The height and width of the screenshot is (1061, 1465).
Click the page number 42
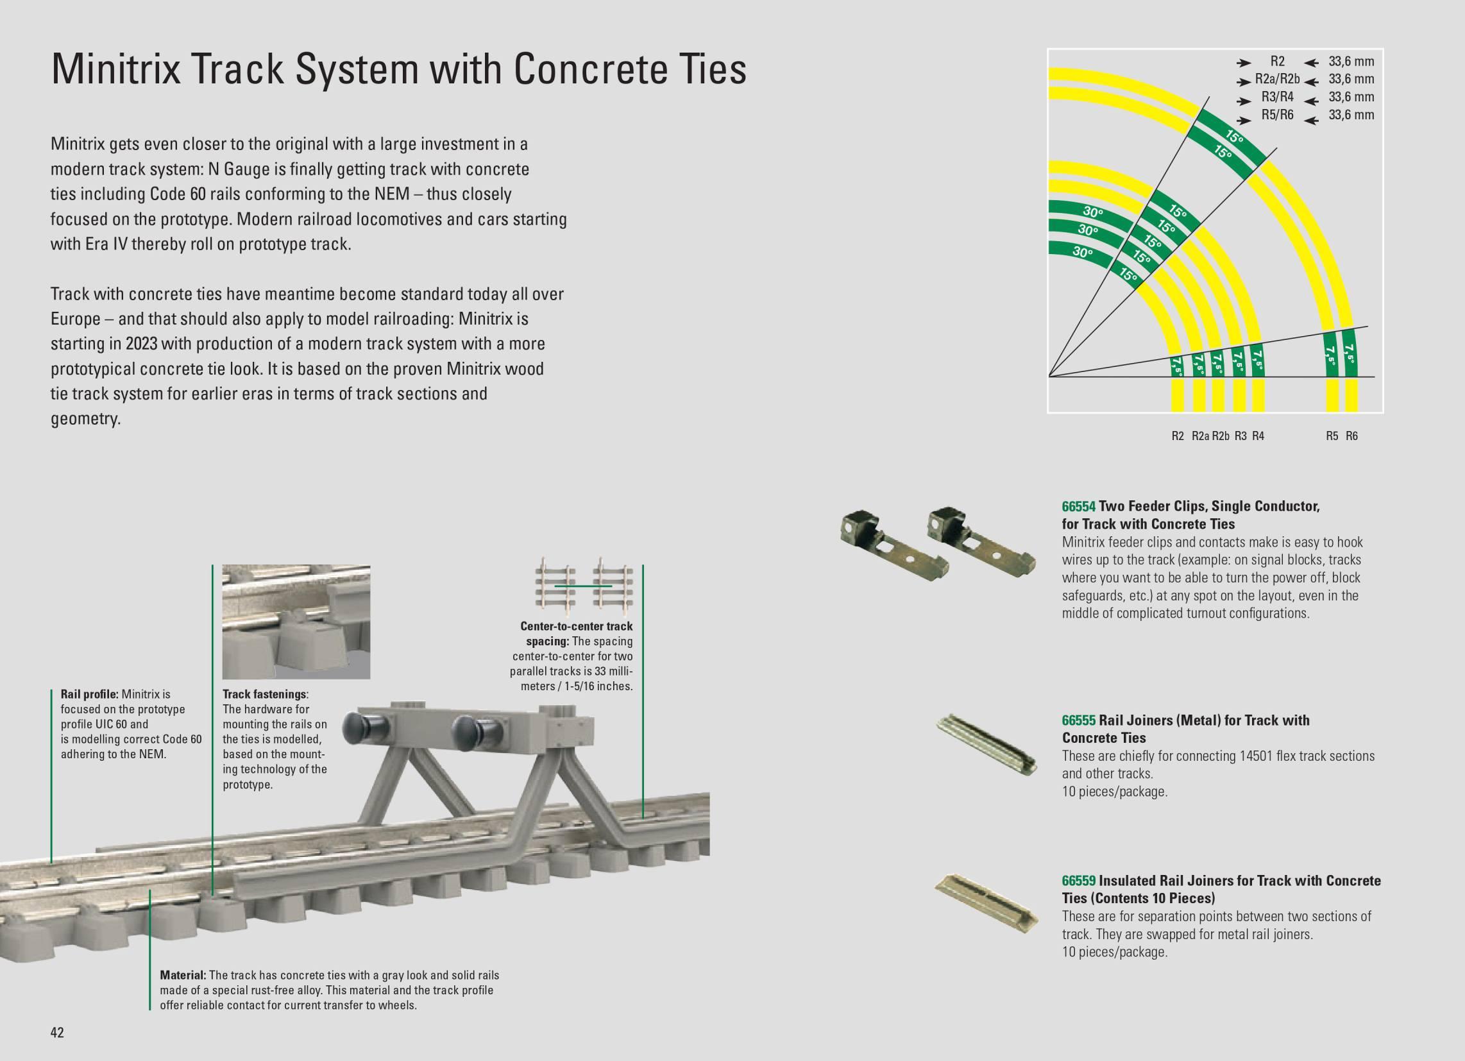[x=57, y=1033]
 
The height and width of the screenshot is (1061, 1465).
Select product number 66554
[x=1079, y=507]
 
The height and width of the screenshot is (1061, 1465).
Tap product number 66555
[x=1079, y=720]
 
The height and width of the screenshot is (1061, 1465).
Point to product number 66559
[x=1079, y=881]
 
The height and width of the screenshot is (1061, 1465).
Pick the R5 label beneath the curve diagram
[x=1332, y=436]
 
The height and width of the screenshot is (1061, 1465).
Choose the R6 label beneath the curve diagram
[x=1352, y=436]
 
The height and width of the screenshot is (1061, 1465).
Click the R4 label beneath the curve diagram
[x=1258, y=436]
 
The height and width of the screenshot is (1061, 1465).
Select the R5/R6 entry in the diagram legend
[x=1278, y=115]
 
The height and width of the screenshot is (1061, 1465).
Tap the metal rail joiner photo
[x=988, y=743]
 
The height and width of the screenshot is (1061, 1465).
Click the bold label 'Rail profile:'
[x=89, y=695]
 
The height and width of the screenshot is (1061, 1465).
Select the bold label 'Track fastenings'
[x=264, y=695]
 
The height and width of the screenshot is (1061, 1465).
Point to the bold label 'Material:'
[x=183, y=975]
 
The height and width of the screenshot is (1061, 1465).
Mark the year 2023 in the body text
[x=142, y=344]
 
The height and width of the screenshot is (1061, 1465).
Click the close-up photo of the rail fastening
[x=296, y=622]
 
